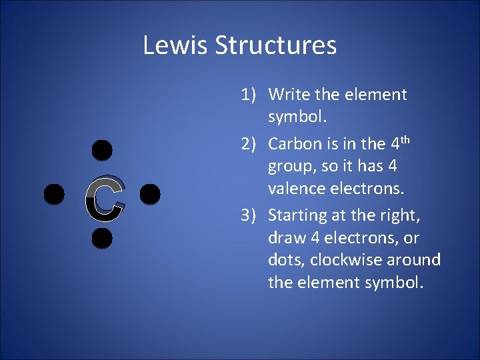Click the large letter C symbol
coord(105,199)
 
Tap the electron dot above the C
coord(101,151)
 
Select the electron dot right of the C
coord(151,194)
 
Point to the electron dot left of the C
coord(54,195)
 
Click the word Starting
coord(298,216)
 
